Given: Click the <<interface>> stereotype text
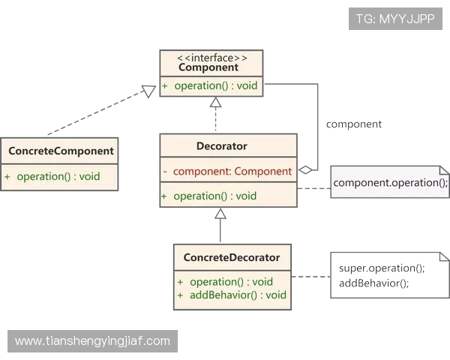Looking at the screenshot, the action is click(x=212, y=58).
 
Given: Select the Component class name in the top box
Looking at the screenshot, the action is click(x=208, y=67).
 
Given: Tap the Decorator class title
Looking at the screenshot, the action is click(x=222, y=146).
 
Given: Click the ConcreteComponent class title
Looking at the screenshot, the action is click(x=61, y=151).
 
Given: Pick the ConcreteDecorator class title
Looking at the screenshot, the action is click(x=232, y=257).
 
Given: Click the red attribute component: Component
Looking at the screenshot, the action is click(x=232, y=172).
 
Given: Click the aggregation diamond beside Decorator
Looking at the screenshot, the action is click(x=305, y=170).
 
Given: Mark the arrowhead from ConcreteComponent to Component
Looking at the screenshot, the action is click(x=149, y=91).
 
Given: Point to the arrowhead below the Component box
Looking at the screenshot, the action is click(x=215, y=102).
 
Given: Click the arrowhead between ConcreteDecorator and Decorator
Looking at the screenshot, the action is click(x=220, y=213).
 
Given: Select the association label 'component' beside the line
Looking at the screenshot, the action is click(x=354, y=124).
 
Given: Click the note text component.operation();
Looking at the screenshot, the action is click(x=391, y=183).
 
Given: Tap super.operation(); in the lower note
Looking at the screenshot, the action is click(x=382, y=268).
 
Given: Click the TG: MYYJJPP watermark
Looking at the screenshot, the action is click(x=395, y=19).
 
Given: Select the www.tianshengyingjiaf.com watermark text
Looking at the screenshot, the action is click(x=92, y=341).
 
